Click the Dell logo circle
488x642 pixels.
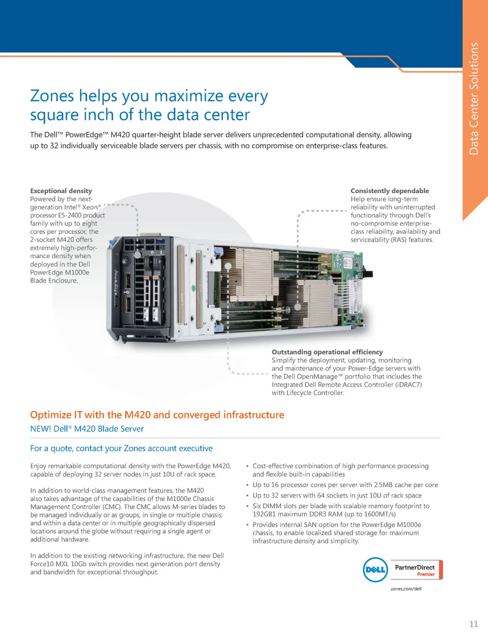pyautogui.click(x=375, y=570)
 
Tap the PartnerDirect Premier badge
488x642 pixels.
pyautogui.click(x=416, y=570)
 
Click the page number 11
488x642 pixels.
pyautogui.click(x=473, y=624)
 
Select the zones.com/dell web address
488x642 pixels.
pyautogui.click(x=406, y=589)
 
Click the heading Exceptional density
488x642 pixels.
pyautogui.click(x=61, y=191)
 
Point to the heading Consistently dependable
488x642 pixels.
pyautogui.click(x=389, y=191)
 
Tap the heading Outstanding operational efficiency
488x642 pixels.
pyautogui.click(x=327, y=352)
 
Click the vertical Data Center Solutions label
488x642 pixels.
pyautogui.click(x=474, y=99)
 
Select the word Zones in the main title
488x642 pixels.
pyautogui.click(x=52, y=96)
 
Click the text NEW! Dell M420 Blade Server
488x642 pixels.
pyautogui.click(x=87, y=429)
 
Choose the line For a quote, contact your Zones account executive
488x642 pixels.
pyautogui.click(x=121, y=448)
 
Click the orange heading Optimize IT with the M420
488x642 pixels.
pyautogui.click(x=157, y=415)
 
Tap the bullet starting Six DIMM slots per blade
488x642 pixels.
pyautogui.click(x=341, y=510)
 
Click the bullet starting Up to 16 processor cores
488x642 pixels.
pyautogui.click(x=345, y=485)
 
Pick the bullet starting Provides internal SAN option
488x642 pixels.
pyautogui.click(x=337, y=533)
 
